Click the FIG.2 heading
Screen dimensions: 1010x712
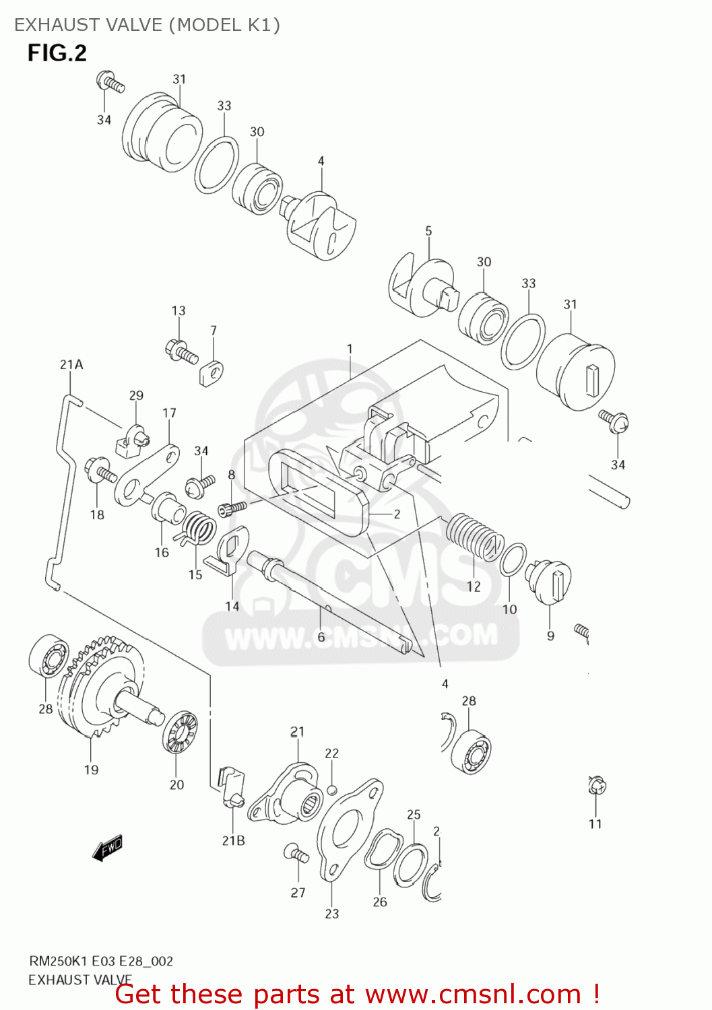point(57,53)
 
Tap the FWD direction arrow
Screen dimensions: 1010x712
point(108,848)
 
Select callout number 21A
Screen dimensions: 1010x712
point(71,364)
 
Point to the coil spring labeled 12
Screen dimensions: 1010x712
point(474,536)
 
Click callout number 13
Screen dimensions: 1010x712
point(179,310)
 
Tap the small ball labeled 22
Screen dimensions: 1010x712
point(331,789)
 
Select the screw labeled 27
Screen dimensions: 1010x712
point(296,853)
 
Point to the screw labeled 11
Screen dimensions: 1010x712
point(597,786)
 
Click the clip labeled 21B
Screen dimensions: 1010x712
point(231,788)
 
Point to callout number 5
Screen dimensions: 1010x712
point(428,231)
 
